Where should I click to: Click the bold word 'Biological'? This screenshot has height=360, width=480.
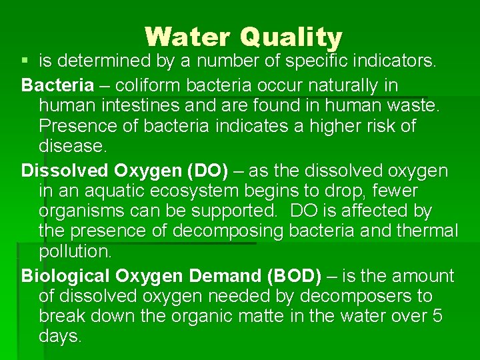[65, 276]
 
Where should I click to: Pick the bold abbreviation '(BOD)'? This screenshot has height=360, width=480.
[293, 276]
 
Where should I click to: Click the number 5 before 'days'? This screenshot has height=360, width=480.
[437, 316]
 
